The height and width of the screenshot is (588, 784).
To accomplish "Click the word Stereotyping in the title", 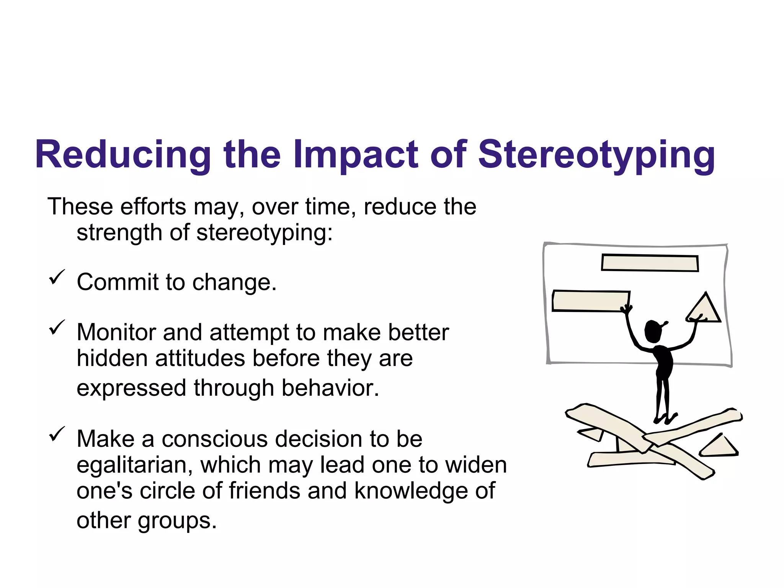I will tap(596, 155).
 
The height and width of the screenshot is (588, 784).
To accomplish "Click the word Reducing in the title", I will tap(122, 155).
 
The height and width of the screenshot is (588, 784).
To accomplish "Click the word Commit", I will tap(117, 282).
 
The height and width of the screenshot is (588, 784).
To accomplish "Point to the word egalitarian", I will tap(132, 465).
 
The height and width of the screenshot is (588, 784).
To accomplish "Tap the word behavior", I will tap(330, 388).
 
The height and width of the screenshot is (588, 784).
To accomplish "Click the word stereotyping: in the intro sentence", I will tap(264, 233).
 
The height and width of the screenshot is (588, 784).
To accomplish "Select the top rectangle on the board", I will tap(650, 263).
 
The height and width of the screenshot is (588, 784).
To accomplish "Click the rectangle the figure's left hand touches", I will tap(590, 301).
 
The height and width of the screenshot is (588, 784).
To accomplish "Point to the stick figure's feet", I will tap(665, 418).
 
